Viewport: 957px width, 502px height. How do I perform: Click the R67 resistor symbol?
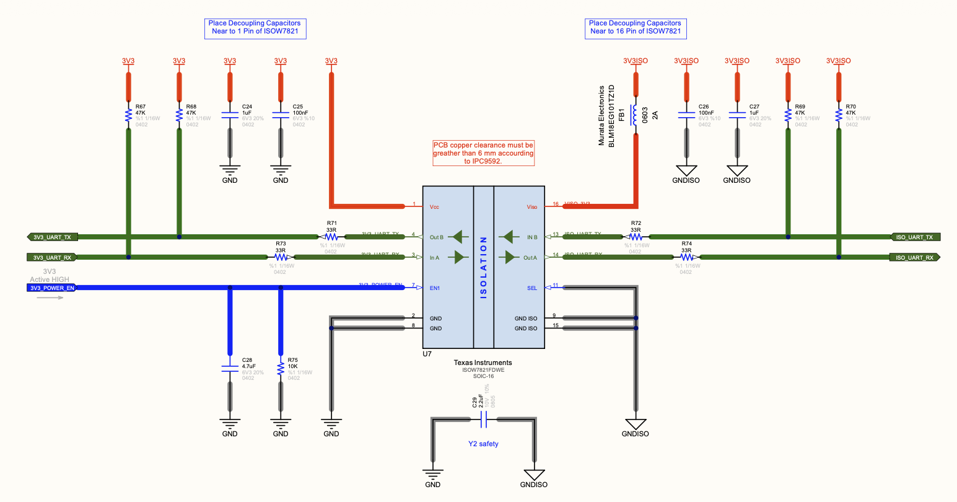(128, 115)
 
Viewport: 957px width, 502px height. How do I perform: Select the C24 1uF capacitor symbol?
(230, 115)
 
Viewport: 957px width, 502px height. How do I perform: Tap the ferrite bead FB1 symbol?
(635, 115)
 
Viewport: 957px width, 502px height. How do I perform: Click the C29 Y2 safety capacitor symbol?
(484, 421)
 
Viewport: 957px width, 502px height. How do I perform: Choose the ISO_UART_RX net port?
(915, 257)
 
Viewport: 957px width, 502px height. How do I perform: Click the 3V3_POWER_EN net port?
(52, 288)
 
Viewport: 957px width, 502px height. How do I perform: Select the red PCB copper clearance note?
(483, 153)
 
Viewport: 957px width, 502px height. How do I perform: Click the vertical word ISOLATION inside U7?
(484, 268)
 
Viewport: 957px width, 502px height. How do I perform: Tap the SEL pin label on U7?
(532, 288)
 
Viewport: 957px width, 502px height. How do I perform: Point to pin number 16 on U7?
(556, 204)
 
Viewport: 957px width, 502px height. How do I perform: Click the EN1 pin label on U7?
(435, 288)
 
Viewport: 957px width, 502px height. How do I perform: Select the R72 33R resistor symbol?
(636, 237)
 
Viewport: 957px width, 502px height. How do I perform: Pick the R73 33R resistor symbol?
(281, 257)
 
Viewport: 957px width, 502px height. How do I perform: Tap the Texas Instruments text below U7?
(483, 363)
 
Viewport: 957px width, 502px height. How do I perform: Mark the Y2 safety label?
(483, 444)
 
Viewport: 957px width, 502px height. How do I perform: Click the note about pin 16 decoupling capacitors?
(635, 27)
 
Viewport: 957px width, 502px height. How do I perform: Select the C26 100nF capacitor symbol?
(686, 115)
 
